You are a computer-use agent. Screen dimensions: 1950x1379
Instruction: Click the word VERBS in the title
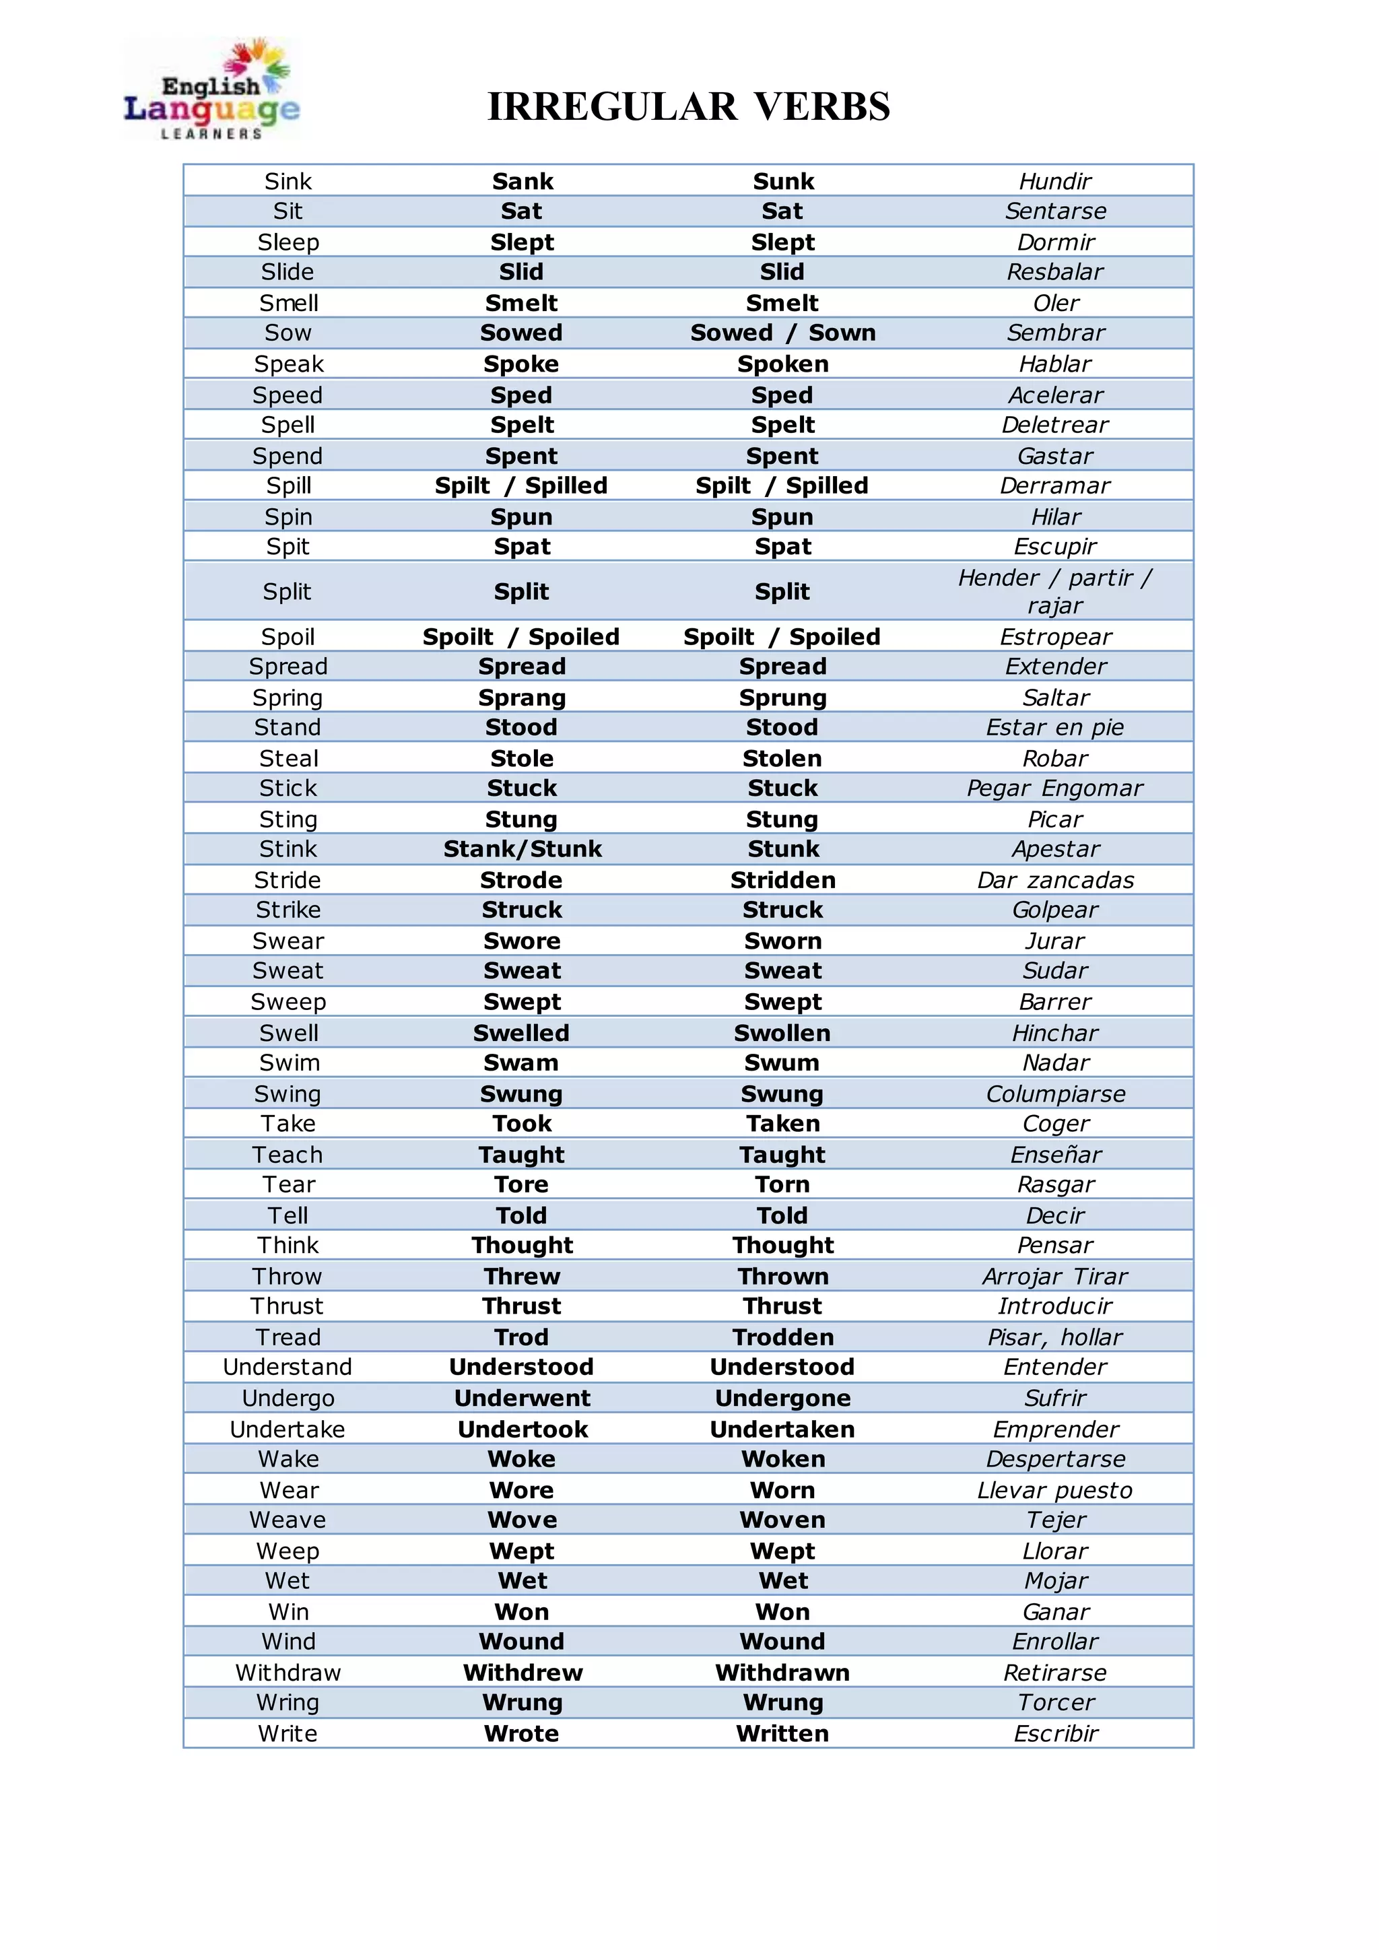tap(822, 107)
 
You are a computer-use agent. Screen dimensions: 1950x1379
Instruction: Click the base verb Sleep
tap(288, 242)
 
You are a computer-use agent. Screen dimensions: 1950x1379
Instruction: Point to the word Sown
tap(842, 333)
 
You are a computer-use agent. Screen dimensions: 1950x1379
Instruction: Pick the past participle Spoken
tap(782, 364)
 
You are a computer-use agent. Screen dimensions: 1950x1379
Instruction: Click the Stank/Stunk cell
tap(523, 848)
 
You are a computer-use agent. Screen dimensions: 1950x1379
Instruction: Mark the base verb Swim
tap(289, 1063)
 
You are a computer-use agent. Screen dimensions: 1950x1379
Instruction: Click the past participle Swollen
tap(782, 1033)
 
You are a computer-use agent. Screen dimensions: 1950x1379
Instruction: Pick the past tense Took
tap(523, 1124)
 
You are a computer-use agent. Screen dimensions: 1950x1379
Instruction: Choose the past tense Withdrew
tap(523, 1673)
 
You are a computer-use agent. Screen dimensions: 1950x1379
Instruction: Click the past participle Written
tap(782, 1733)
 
